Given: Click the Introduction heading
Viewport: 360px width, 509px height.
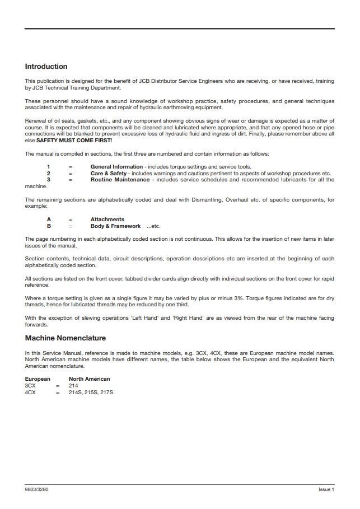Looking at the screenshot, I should click(x=46, y=67).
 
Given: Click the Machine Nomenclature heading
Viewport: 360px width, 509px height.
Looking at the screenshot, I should click(x=66, y=338).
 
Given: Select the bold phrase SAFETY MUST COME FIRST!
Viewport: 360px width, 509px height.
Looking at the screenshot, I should click(x=74, y=141).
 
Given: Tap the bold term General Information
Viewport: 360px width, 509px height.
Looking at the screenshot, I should click(x=116, y=167).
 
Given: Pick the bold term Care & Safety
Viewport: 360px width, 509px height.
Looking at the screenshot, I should click(x=109, y=174).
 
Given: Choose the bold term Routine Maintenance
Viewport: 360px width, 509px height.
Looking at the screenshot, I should click(x=120, y=180).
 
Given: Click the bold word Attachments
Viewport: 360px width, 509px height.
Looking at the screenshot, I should click(x=107, y=220).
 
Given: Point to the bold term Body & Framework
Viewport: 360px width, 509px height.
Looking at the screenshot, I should click(x=115, y=226).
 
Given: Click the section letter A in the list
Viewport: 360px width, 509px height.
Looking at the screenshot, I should click(x=49, y=220).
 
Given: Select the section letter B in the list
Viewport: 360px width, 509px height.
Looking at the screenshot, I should click(x=49, y=226).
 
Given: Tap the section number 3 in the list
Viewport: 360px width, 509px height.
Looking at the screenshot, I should click(x=49, y=180).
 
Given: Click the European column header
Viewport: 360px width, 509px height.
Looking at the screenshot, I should click(x=38, y=379).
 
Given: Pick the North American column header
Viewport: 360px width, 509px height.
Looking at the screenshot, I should click(x=89, y=379).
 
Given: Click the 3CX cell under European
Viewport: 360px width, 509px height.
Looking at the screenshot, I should click(x=30, y=386).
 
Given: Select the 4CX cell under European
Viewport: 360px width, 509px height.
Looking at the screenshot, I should click(x=30, y=393).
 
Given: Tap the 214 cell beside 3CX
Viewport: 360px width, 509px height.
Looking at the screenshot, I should click(x=73, y=386).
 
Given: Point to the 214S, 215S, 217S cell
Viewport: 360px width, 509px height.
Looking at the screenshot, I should click(x=91, y=393).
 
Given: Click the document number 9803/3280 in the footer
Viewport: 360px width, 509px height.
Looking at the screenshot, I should click(x=37, y=490).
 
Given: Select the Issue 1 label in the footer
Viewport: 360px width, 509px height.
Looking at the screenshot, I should click(x=326, y=490).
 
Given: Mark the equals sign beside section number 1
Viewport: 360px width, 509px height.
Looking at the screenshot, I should click(x=71, y=167).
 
